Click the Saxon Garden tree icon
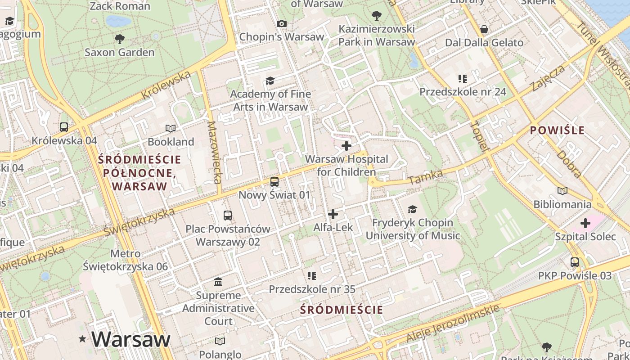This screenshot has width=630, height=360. pos(119,39)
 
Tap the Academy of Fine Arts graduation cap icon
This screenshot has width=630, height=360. pos(270,81)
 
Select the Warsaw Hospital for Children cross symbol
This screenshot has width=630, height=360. pos(346,146)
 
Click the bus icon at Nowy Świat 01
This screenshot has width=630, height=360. pos(274,182)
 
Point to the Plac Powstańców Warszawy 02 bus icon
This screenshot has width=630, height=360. pos(228,215)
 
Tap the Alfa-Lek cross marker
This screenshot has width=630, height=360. pos(333,214)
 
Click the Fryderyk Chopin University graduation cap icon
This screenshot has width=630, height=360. pos(412,209)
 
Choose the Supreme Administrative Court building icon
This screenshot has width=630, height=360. pos(219,282)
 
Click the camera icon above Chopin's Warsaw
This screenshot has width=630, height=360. pos(282,23)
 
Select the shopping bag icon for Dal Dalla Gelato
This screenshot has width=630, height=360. pos(484,30)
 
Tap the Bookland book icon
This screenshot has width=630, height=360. pos(171,129)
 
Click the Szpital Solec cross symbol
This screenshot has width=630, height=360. pos(585,223)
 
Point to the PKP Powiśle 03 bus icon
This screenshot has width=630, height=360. pos(574,262)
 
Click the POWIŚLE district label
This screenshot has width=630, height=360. pos(557,130)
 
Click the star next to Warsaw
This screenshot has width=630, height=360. pos(82,339)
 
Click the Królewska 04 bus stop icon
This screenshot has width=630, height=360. pos(64,127)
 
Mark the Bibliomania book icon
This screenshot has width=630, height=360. pos(562,191)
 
